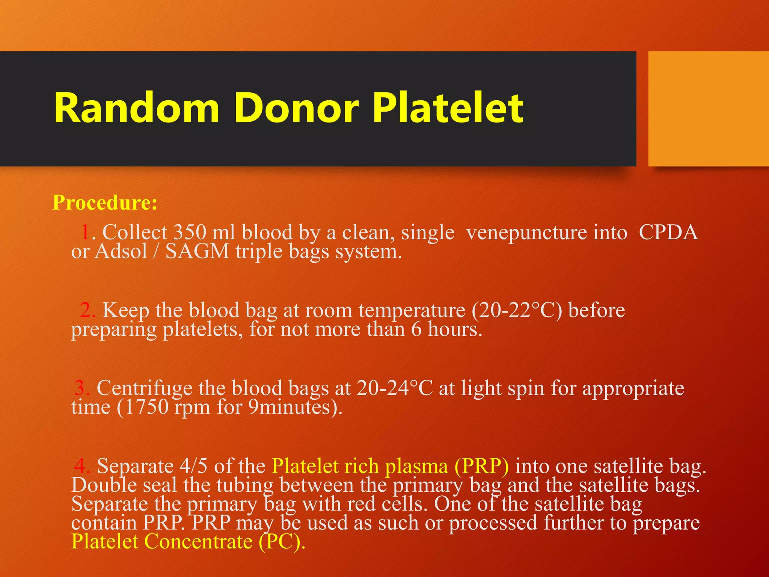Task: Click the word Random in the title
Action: pyautogui.click(x=136, y=108)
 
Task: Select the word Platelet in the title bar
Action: pyautogui.click(x=448, y=108)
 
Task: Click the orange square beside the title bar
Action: pyautogui.click(x=708, y=109)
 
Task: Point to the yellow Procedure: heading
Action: pyautogui.click(x=105, y=203)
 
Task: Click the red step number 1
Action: pyautogui.click(x=86, y=233)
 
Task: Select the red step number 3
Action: pyautogui.click(x=81, y=388)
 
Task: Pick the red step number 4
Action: pyautogui.click(x=81, y=466)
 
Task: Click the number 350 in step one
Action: pyautogui.click(x=190, y=233)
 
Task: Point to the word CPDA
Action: pyautogui.click(x=668, y=233)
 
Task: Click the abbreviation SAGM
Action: pyautogui.click(x=197, y=251)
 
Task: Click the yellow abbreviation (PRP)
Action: pyautogui.click(x=482, y=467)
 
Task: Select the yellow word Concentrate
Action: pyautogui.click(x=198, y=542)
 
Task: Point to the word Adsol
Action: pyautogui.click(x=121, y=251)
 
